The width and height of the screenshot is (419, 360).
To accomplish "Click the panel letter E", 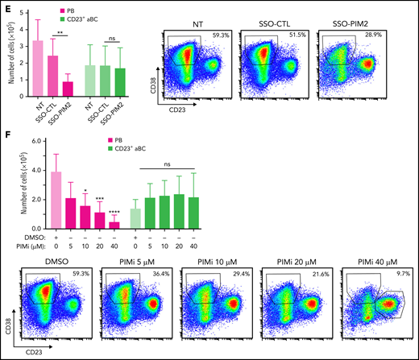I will point(6,6).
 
